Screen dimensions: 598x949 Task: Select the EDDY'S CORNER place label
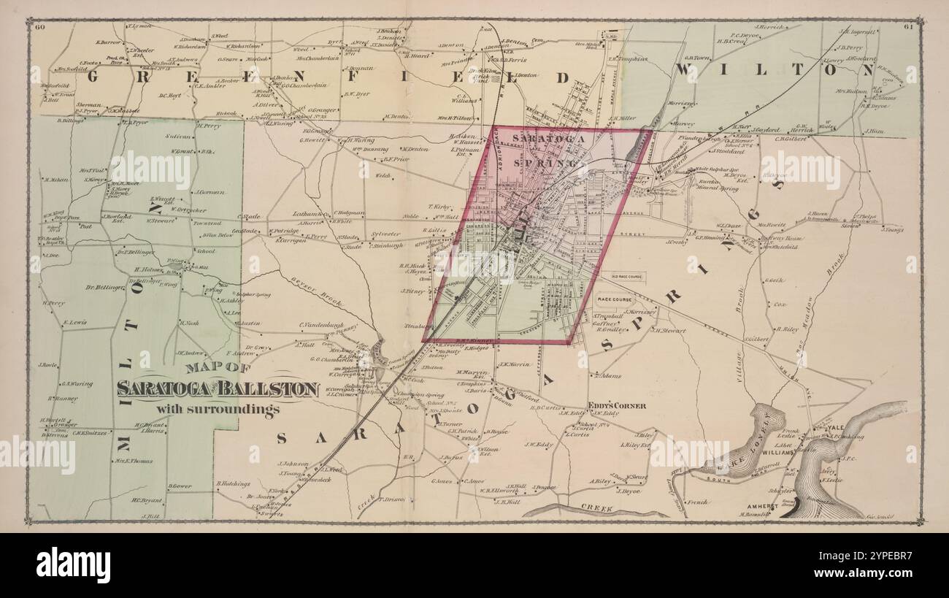(x=617, y=406)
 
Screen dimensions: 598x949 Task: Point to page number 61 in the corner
(x=909, y=28)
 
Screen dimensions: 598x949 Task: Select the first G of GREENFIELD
(x=95, y=74)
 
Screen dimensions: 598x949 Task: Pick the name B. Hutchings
(x=234, y=483)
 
